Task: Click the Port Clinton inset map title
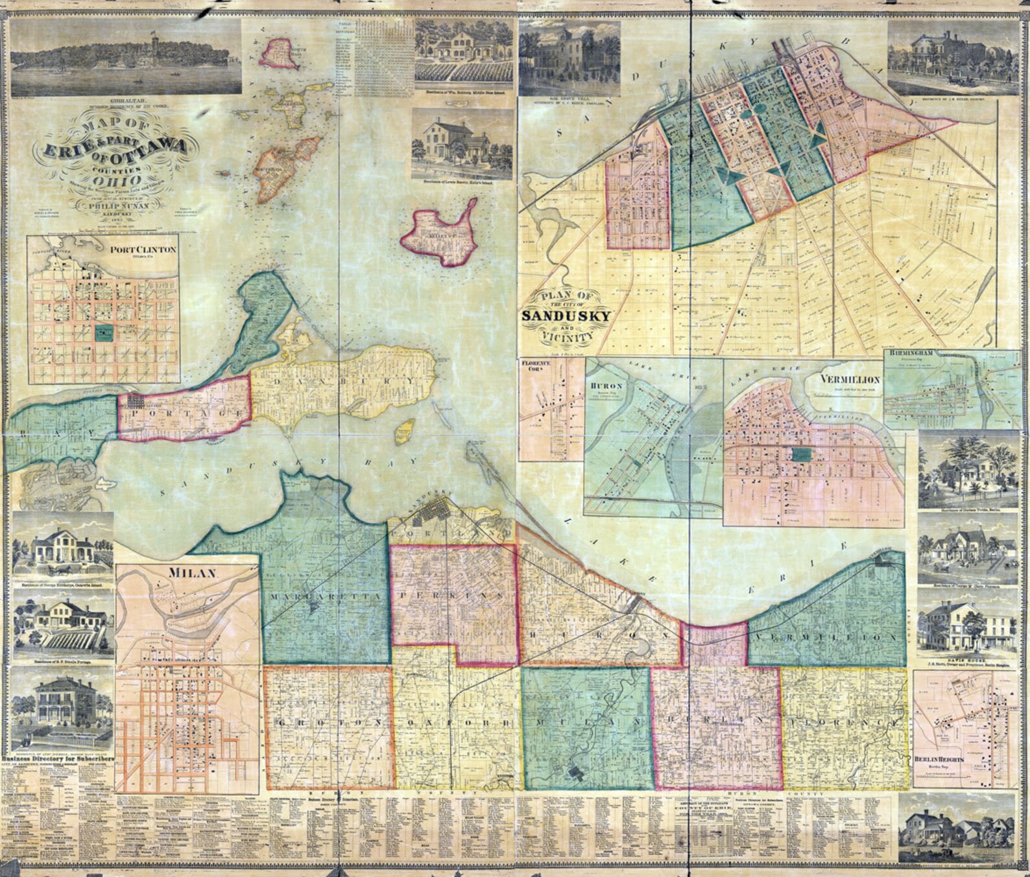tap(143, 250)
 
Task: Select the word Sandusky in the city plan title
tap(566, 316)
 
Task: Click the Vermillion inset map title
tap(849, 379)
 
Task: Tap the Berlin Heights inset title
tap(939, 759)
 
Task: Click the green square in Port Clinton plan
tap(103, 334)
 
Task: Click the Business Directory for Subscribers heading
tap(58, 758)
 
